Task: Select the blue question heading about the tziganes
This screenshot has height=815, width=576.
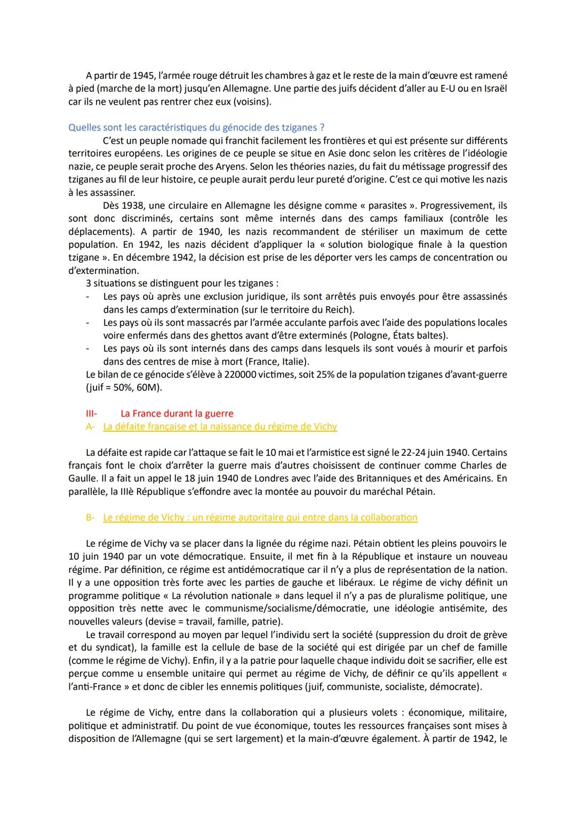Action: (x=196, y=128)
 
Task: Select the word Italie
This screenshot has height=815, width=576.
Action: (x=294, y=361)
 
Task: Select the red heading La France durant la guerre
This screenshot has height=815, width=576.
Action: (x=177, y=414)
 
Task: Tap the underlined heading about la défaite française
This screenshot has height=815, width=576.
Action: (x=220, y=426)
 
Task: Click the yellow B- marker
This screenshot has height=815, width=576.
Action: (x=90, y=517)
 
